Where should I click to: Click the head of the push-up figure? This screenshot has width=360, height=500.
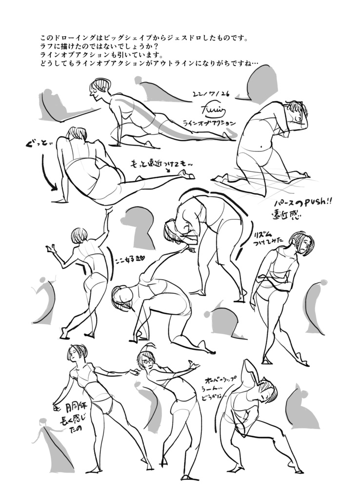click(x=100, y=89)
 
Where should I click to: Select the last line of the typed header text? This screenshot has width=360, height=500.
click(x=149, y=63)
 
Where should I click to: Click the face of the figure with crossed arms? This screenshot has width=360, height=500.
click(x=302, y=243)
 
